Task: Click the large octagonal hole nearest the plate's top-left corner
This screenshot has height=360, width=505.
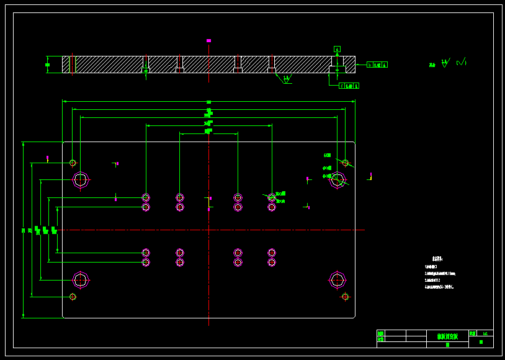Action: [81, 180]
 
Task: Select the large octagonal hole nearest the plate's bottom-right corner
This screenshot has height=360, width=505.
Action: [337, 280]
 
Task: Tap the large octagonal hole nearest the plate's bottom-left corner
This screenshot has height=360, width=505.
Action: [81, 280]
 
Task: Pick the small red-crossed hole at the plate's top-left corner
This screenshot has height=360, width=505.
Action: [73, 163]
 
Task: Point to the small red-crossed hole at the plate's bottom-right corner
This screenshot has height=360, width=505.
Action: [346, 297]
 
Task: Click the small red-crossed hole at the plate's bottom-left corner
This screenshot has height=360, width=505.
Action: [73, 297]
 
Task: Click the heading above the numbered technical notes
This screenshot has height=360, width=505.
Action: [437, 259]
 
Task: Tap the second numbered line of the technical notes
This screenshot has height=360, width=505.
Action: [440, 273]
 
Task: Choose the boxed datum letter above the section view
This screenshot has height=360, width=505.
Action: [337, 48]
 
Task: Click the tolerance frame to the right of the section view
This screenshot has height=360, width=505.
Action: [377, 65]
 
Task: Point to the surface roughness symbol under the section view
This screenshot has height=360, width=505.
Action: [286, 79]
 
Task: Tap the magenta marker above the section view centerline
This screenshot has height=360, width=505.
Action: [208, 40]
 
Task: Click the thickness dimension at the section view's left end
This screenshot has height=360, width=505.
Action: [47, 64]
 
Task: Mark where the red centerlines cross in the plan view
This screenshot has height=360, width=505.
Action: [209, 230]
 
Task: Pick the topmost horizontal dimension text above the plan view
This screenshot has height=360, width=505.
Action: [208, 102]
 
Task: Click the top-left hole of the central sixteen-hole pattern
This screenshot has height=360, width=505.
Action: [146, 197]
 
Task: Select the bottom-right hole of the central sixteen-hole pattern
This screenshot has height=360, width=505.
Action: [272, 263]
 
